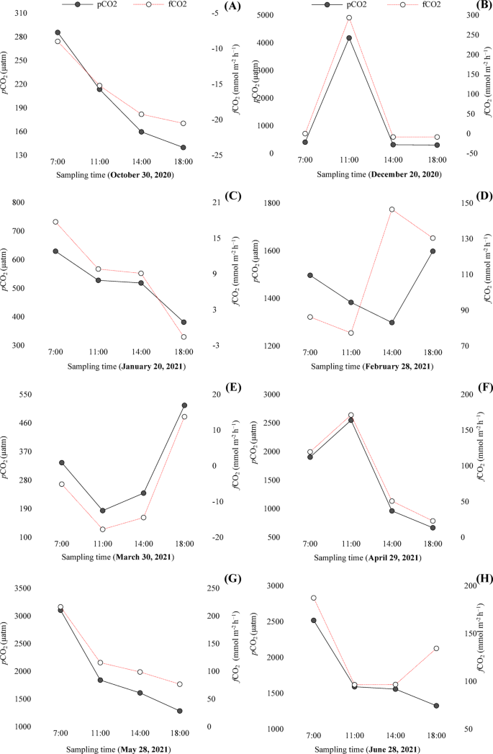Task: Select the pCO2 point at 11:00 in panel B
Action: [x=349, y=38]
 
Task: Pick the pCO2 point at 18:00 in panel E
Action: [x=185, y=405]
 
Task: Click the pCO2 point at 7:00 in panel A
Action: [x=58, y=32]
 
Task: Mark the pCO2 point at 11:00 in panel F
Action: [x=350, y=420]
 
